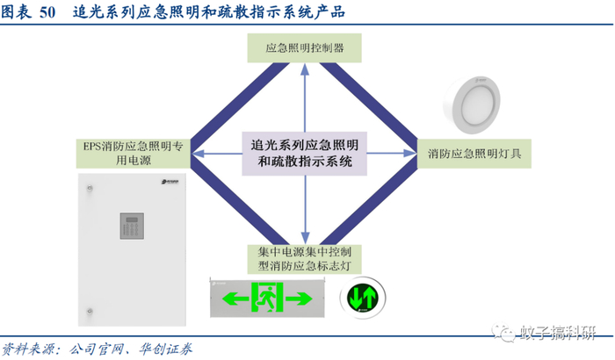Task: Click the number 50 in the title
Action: pyautogui.click(x=49, y=12)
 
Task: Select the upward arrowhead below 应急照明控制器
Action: pyautogui.click(x=305, y=71)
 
